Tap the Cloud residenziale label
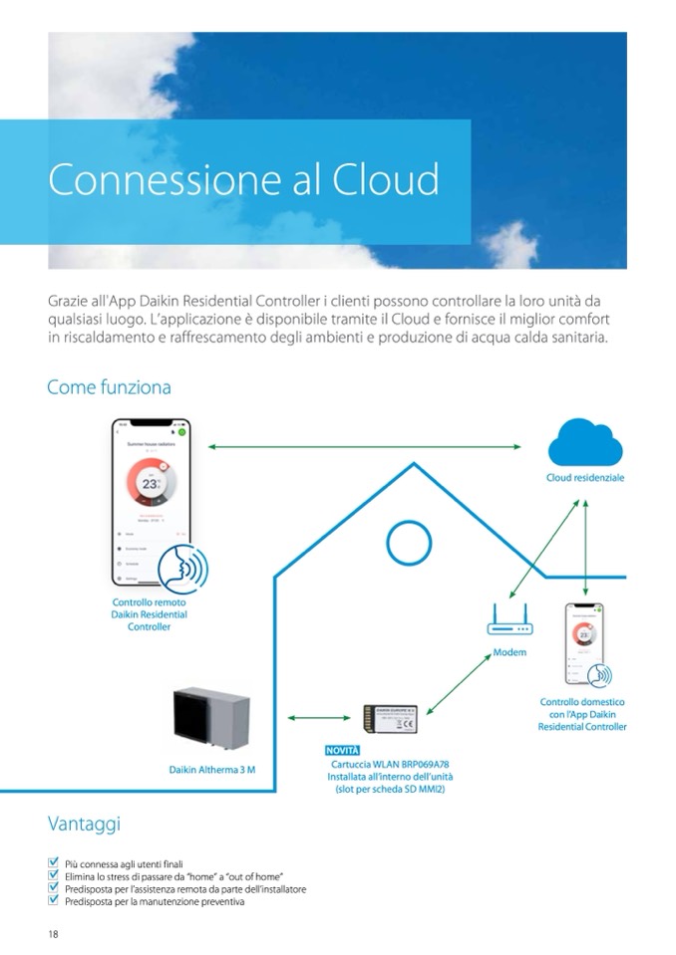(x=585, y=479)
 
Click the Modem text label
(x=509, y=653)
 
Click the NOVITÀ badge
(x=342, y=749)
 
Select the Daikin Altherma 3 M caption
(x=211, y=771)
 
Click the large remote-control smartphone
(x=151, y=502)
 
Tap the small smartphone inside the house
(x=585, y=644)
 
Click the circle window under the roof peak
(x=407, y=543)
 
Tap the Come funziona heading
(x=109, y=386)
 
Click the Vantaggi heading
(x=84, y=824)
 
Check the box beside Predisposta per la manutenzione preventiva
(x=53, y=901)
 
